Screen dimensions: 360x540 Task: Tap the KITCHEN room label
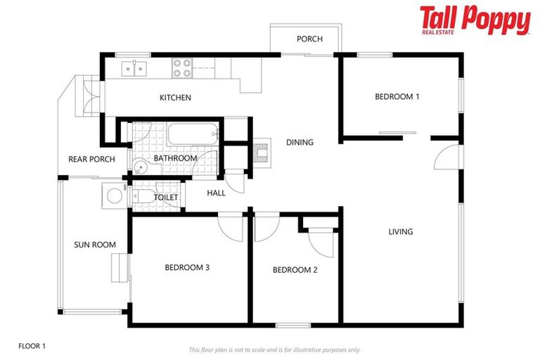(x=175, y=98)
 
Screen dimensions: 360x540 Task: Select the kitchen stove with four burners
(x=183, y=67)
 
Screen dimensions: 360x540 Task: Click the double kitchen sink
(x=132, y=68)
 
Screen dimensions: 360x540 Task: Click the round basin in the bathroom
(x=141, y=167)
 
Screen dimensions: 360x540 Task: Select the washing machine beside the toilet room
(x=113, y=195)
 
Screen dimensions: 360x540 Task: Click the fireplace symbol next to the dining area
(x=262, y=152)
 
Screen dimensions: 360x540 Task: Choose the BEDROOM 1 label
(x=397, y=97)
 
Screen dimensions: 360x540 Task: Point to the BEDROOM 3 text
(x=187, y=267)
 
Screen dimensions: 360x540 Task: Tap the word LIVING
(x=401, y=231)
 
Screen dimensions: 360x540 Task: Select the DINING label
(x=300, y=143)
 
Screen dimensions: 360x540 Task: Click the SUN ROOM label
(x=94, y=245)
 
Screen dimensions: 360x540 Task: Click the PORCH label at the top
(x=309, y=39)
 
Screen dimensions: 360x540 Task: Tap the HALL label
(x=216, y=193)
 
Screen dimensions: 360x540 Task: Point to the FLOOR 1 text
(x=32, y=346)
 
